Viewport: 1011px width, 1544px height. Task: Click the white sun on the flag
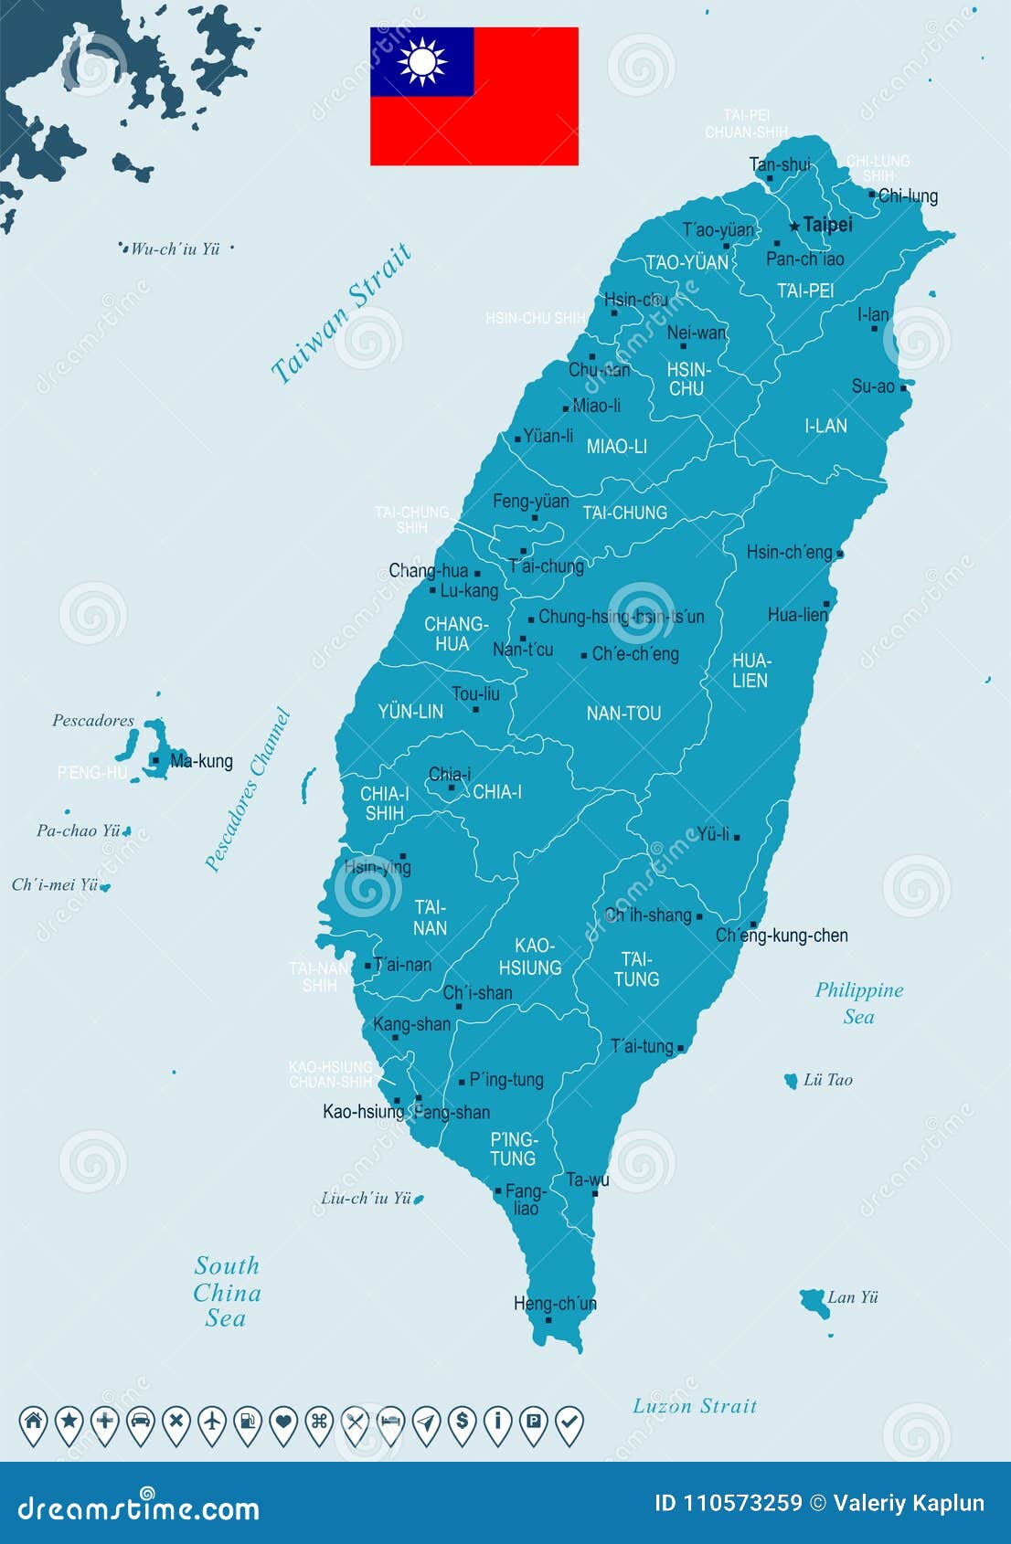point(422,62)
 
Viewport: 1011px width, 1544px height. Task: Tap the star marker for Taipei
point(794,225)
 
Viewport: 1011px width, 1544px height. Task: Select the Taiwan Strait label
point(341,312)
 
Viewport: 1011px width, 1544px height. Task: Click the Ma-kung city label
point(201,761)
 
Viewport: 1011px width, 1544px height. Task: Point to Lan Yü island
point(814,1301)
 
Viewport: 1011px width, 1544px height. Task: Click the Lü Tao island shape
point(791,1081)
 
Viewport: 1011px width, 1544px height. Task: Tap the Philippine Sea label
point(858,1003)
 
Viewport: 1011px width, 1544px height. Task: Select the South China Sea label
point(227,1292)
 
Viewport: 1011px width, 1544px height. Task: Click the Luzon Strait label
point(695,1406)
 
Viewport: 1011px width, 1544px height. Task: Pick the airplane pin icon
point(211,1422)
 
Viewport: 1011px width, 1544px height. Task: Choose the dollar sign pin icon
point(463,1422)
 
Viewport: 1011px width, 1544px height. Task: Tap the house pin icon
point(33,1422)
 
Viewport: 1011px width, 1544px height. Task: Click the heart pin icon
point(283,1422)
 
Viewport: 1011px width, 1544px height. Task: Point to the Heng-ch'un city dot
point(548,1319)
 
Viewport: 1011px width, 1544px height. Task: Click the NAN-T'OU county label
point(623,714)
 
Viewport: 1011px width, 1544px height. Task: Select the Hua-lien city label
point(797,615)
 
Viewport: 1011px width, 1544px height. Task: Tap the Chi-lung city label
point(908,196)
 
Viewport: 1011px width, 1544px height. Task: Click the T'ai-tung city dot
point(680,1049)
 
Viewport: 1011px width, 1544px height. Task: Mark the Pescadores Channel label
point(247,790)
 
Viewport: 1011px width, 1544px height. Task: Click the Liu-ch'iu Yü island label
point(366,1198)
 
